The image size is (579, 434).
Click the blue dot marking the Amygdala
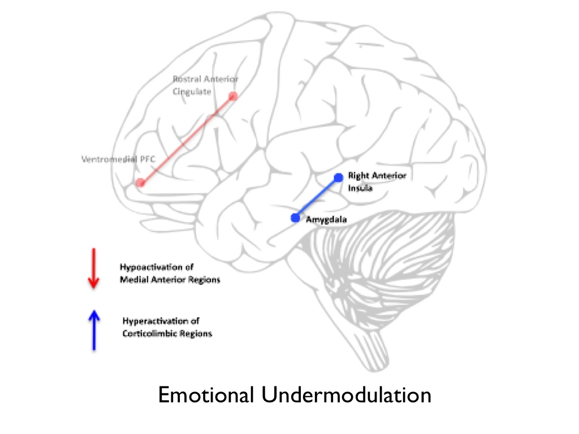(295, 218)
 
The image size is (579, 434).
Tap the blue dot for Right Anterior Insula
(338, 177)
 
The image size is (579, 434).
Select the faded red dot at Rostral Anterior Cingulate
(232, 96)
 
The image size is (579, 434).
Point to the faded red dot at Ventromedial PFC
(140, 183)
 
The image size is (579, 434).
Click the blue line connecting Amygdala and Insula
(317, 198)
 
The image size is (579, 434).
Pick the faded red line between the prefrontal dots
(187, 140)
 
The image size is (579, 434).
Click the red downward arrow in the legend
(93, 268)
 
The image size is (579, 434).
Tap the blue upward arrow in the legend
(94, 330)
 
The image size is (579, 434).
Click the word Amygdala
(326, 220)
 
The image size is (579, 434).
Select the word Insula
(360, 188)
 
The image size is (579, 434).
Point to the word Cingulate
(192, 92)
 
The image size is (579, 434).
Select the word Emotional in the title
(206, 395)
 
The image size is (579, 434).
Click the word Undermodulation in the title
(347, 395)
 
